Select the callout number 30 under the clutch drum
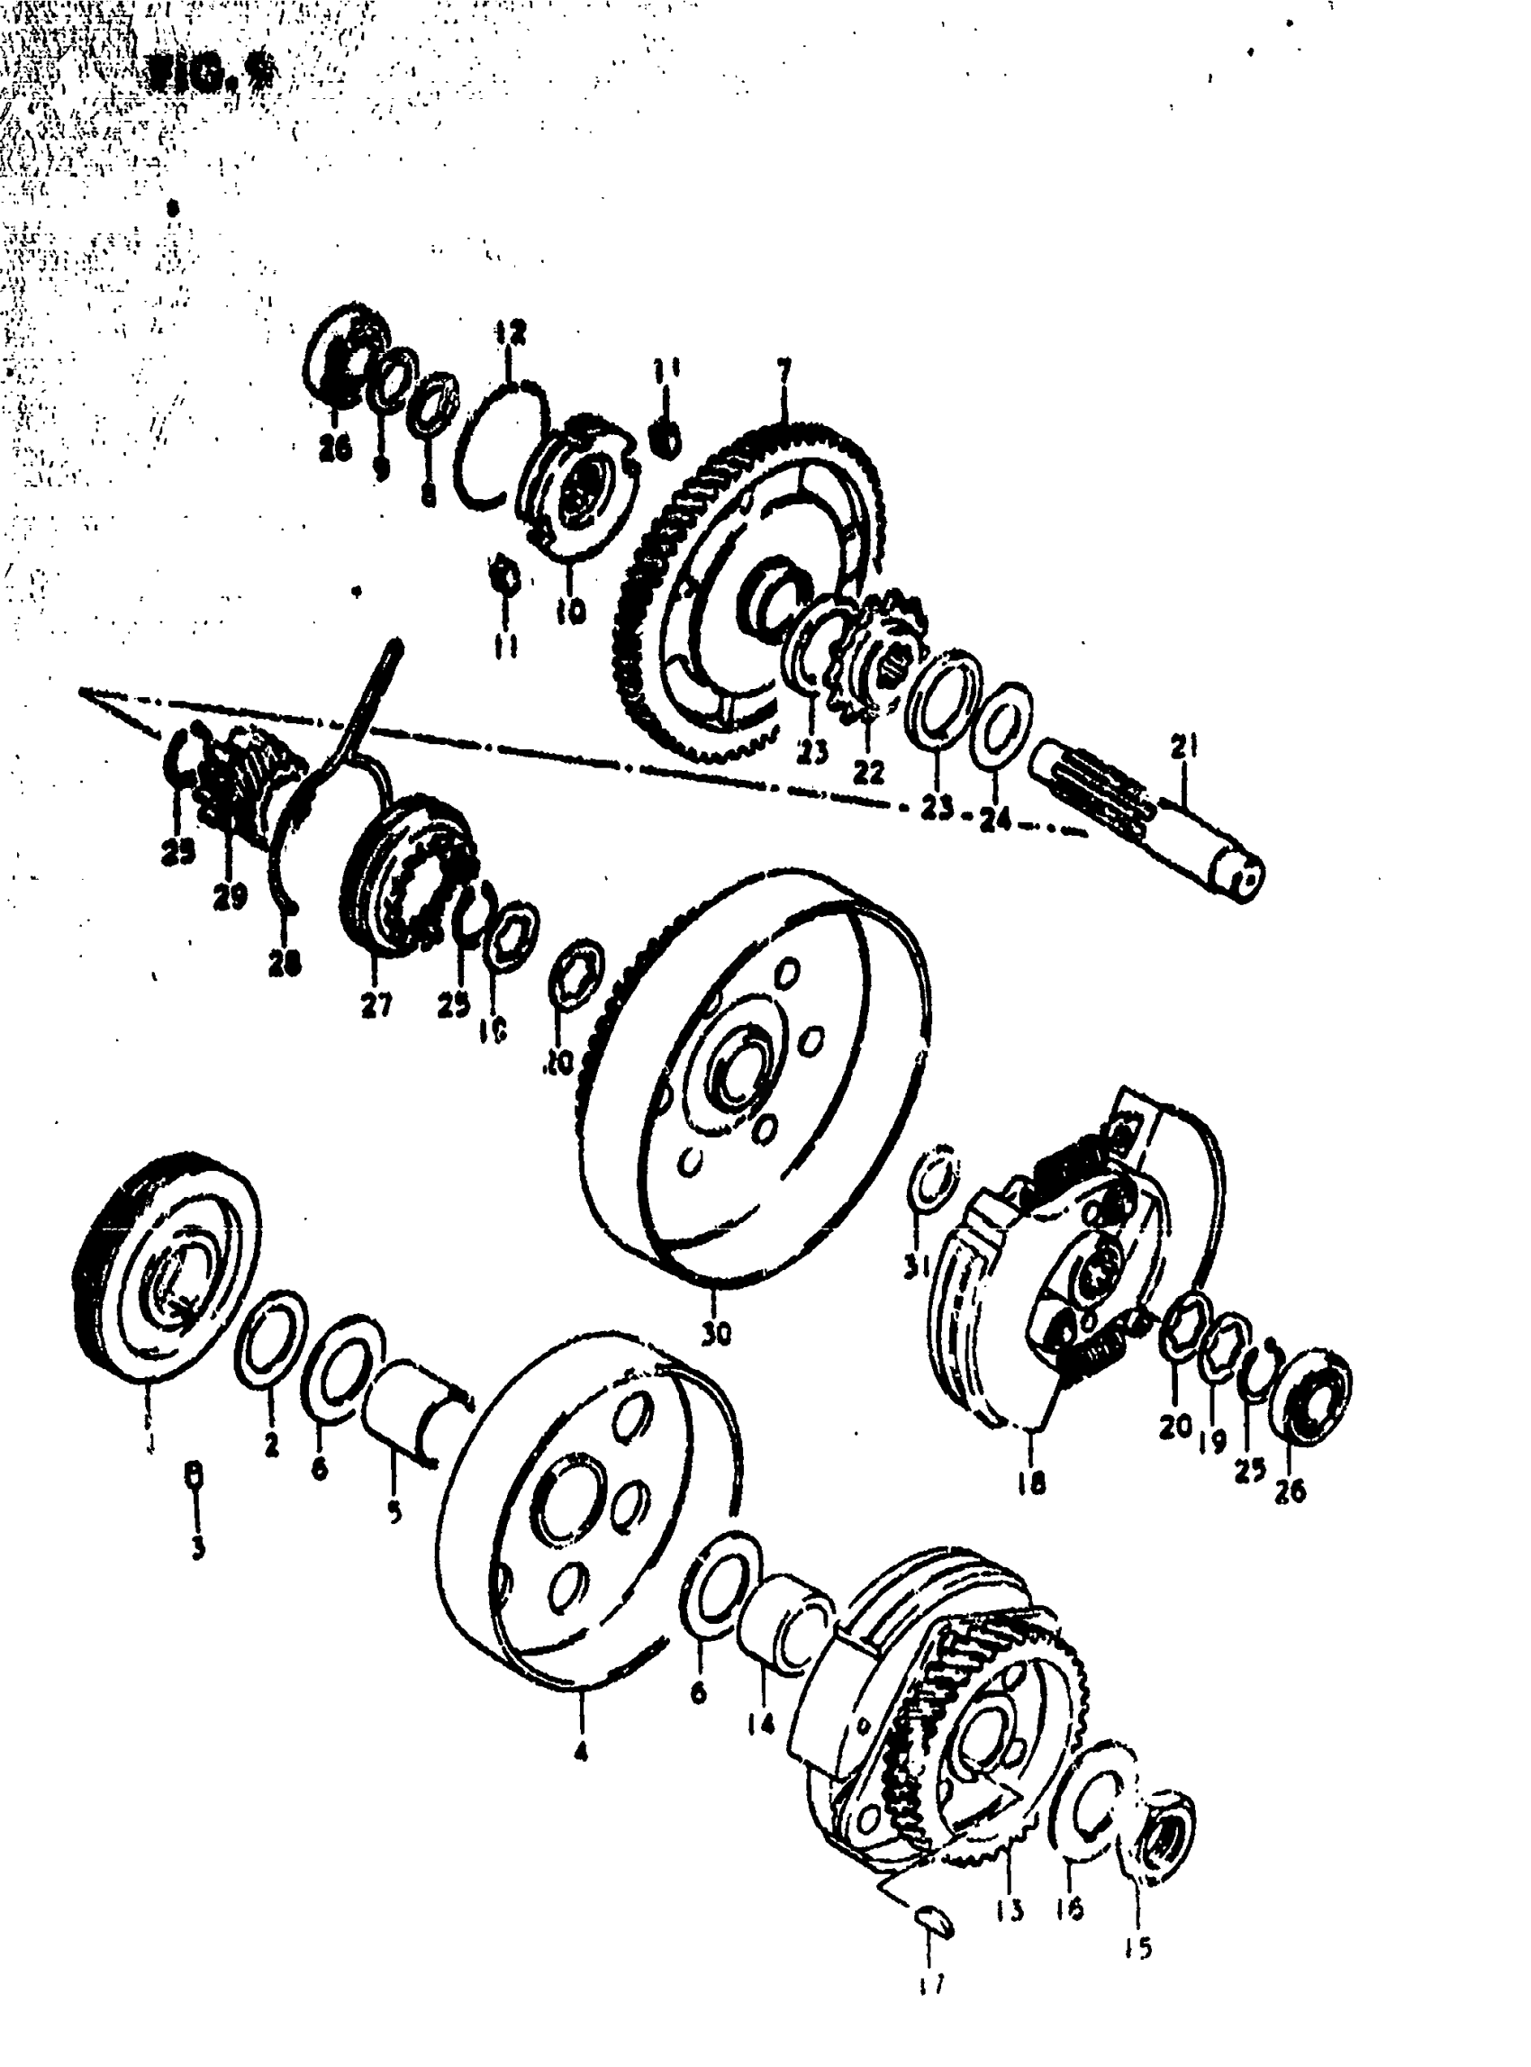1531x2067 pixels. pos(715,1333)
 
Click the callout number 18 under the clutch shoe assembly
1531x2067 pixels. pos(1030,1483)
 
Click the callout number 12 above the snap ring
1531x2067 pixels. pos(510,330)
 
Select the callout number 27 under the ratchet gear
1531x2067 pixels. pos(376,1005)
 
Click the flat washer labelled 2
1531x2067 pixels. pos(272,1339)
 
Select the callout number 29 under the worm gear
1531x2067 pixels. pos(229,895)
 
